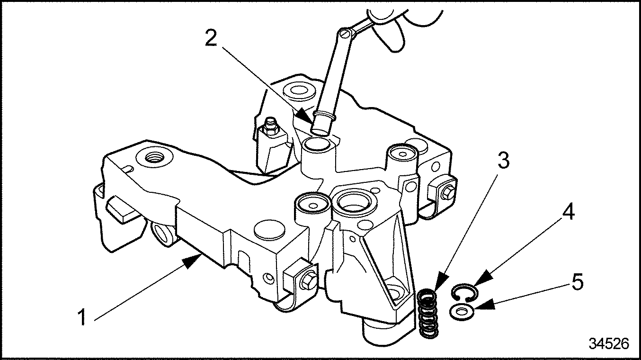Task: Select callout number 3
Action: click(503, 161)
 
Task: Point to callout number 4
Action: click(568, 213)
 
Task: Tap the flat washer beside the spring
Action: click(460, 312)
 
